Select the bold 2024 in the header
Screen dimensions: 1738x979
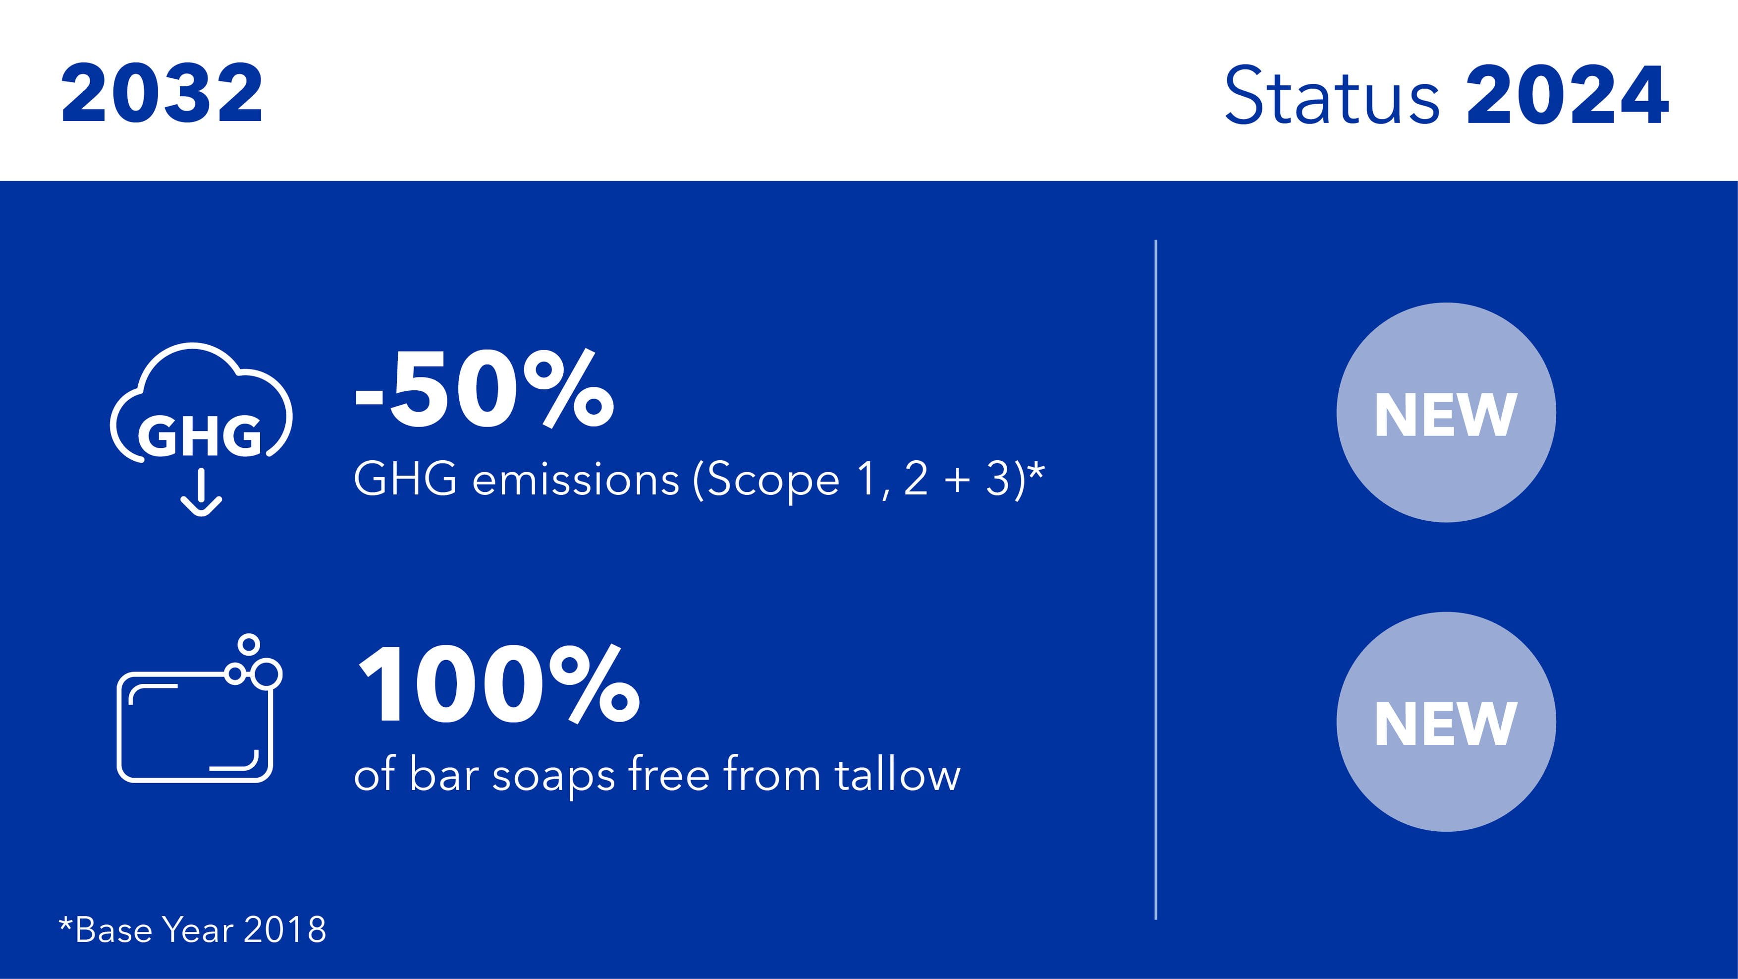(1567, 95)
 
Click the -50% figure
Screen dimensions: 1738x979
(485, 390)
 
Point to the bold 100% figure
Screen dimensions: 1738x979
(498, 683)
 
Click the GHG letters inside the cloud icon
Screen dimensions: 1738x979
(200, 435)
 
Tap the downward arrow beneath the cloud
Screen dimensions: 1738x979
(201, 493)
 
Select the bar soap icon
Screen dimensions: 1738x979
(199, 709)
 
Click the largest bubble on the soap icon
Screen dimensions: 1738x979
(267, 674)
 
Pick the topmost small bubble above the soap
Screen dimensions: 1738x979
(249, 643)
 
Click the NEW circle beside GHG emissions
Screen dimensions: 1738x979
(1446, 413)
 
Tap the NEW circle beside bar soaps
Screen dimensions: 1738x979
(1446, 722)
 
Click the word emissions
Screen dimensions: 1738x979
(576, 480)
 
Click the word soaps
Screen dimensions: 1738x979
(553, 777)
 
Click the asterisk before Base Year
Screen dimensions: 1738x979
(65, 922)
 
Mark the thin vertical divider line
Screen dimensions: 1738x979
(1156, 579)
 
